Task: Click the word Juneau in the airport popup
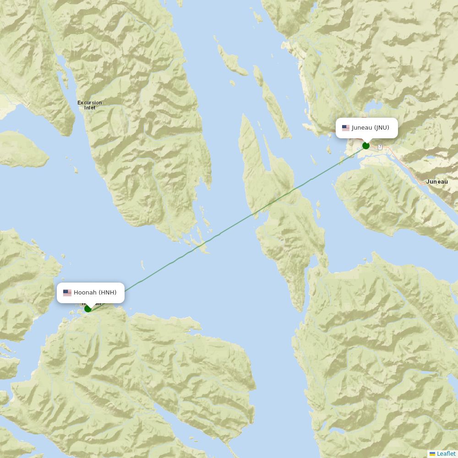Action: tap(362, 128)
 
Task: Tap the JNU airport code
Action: tap(382, 128)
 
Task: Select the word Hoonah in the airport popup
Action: tap(85, 293)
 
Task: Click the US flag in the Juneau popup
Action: tap(346, 128)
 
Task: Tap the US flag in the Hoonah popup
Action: tap(67, 293)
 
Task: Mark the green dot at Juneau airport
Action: tap(366, 146)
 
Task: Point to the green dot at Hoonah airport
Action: tap(88, 308)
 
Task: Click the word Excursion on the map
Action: tap(90, 103)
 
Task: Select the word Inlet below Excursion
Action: tap(90, 108)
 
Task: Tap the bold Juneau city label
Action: tap(437, 182)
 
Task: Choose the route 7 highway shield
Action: tap(380, 147)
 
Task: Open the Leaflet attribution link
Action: tap(446, 454)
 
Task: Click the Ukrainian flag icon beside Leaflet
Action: tap(432, 454)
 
